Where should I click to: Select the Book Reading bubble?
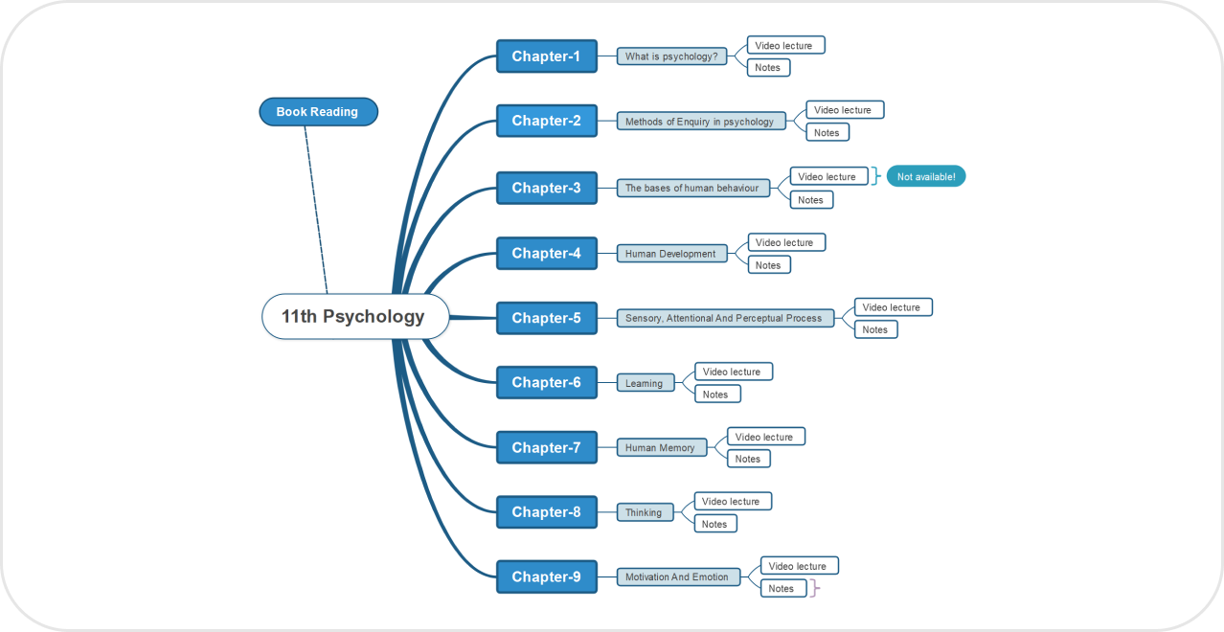[318, 112]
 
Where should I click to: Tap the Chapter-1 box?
[546, 56]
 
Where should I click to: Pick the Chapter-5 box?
[546, 318]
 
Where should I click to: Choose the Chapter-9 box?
[546, 576]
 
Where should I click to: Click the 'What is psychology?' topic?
[671, 56]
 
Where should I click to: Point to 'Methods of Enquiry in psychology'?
[700, 122]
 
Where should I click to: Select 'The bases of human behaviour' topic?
[691, 188]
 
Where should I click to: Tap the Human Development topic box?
[671, 254]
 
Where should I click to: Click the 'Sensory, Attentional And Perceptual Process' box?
[724, 318]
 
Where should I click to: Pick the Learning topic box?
[645, 383]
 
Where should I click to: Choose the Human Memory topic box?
[661, 447]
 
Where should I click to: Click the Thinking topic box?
[645, 512]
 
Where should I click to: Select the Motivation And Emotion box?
[677, 576]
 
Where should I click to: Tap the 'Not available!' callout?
[926, 177]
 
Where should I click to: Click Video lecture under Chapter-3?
[827, 176]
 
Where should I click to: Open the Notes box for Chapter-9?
[782, 588]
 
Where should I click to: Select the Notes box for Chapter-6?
[716, 394]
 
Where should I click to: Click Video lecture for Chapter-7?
[765, 437]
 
